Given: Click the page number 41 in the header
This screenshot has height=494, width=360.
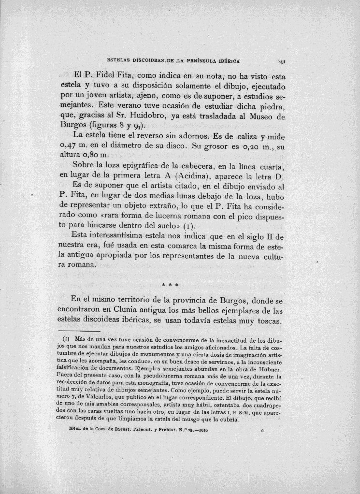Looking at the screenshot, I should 283,61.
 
